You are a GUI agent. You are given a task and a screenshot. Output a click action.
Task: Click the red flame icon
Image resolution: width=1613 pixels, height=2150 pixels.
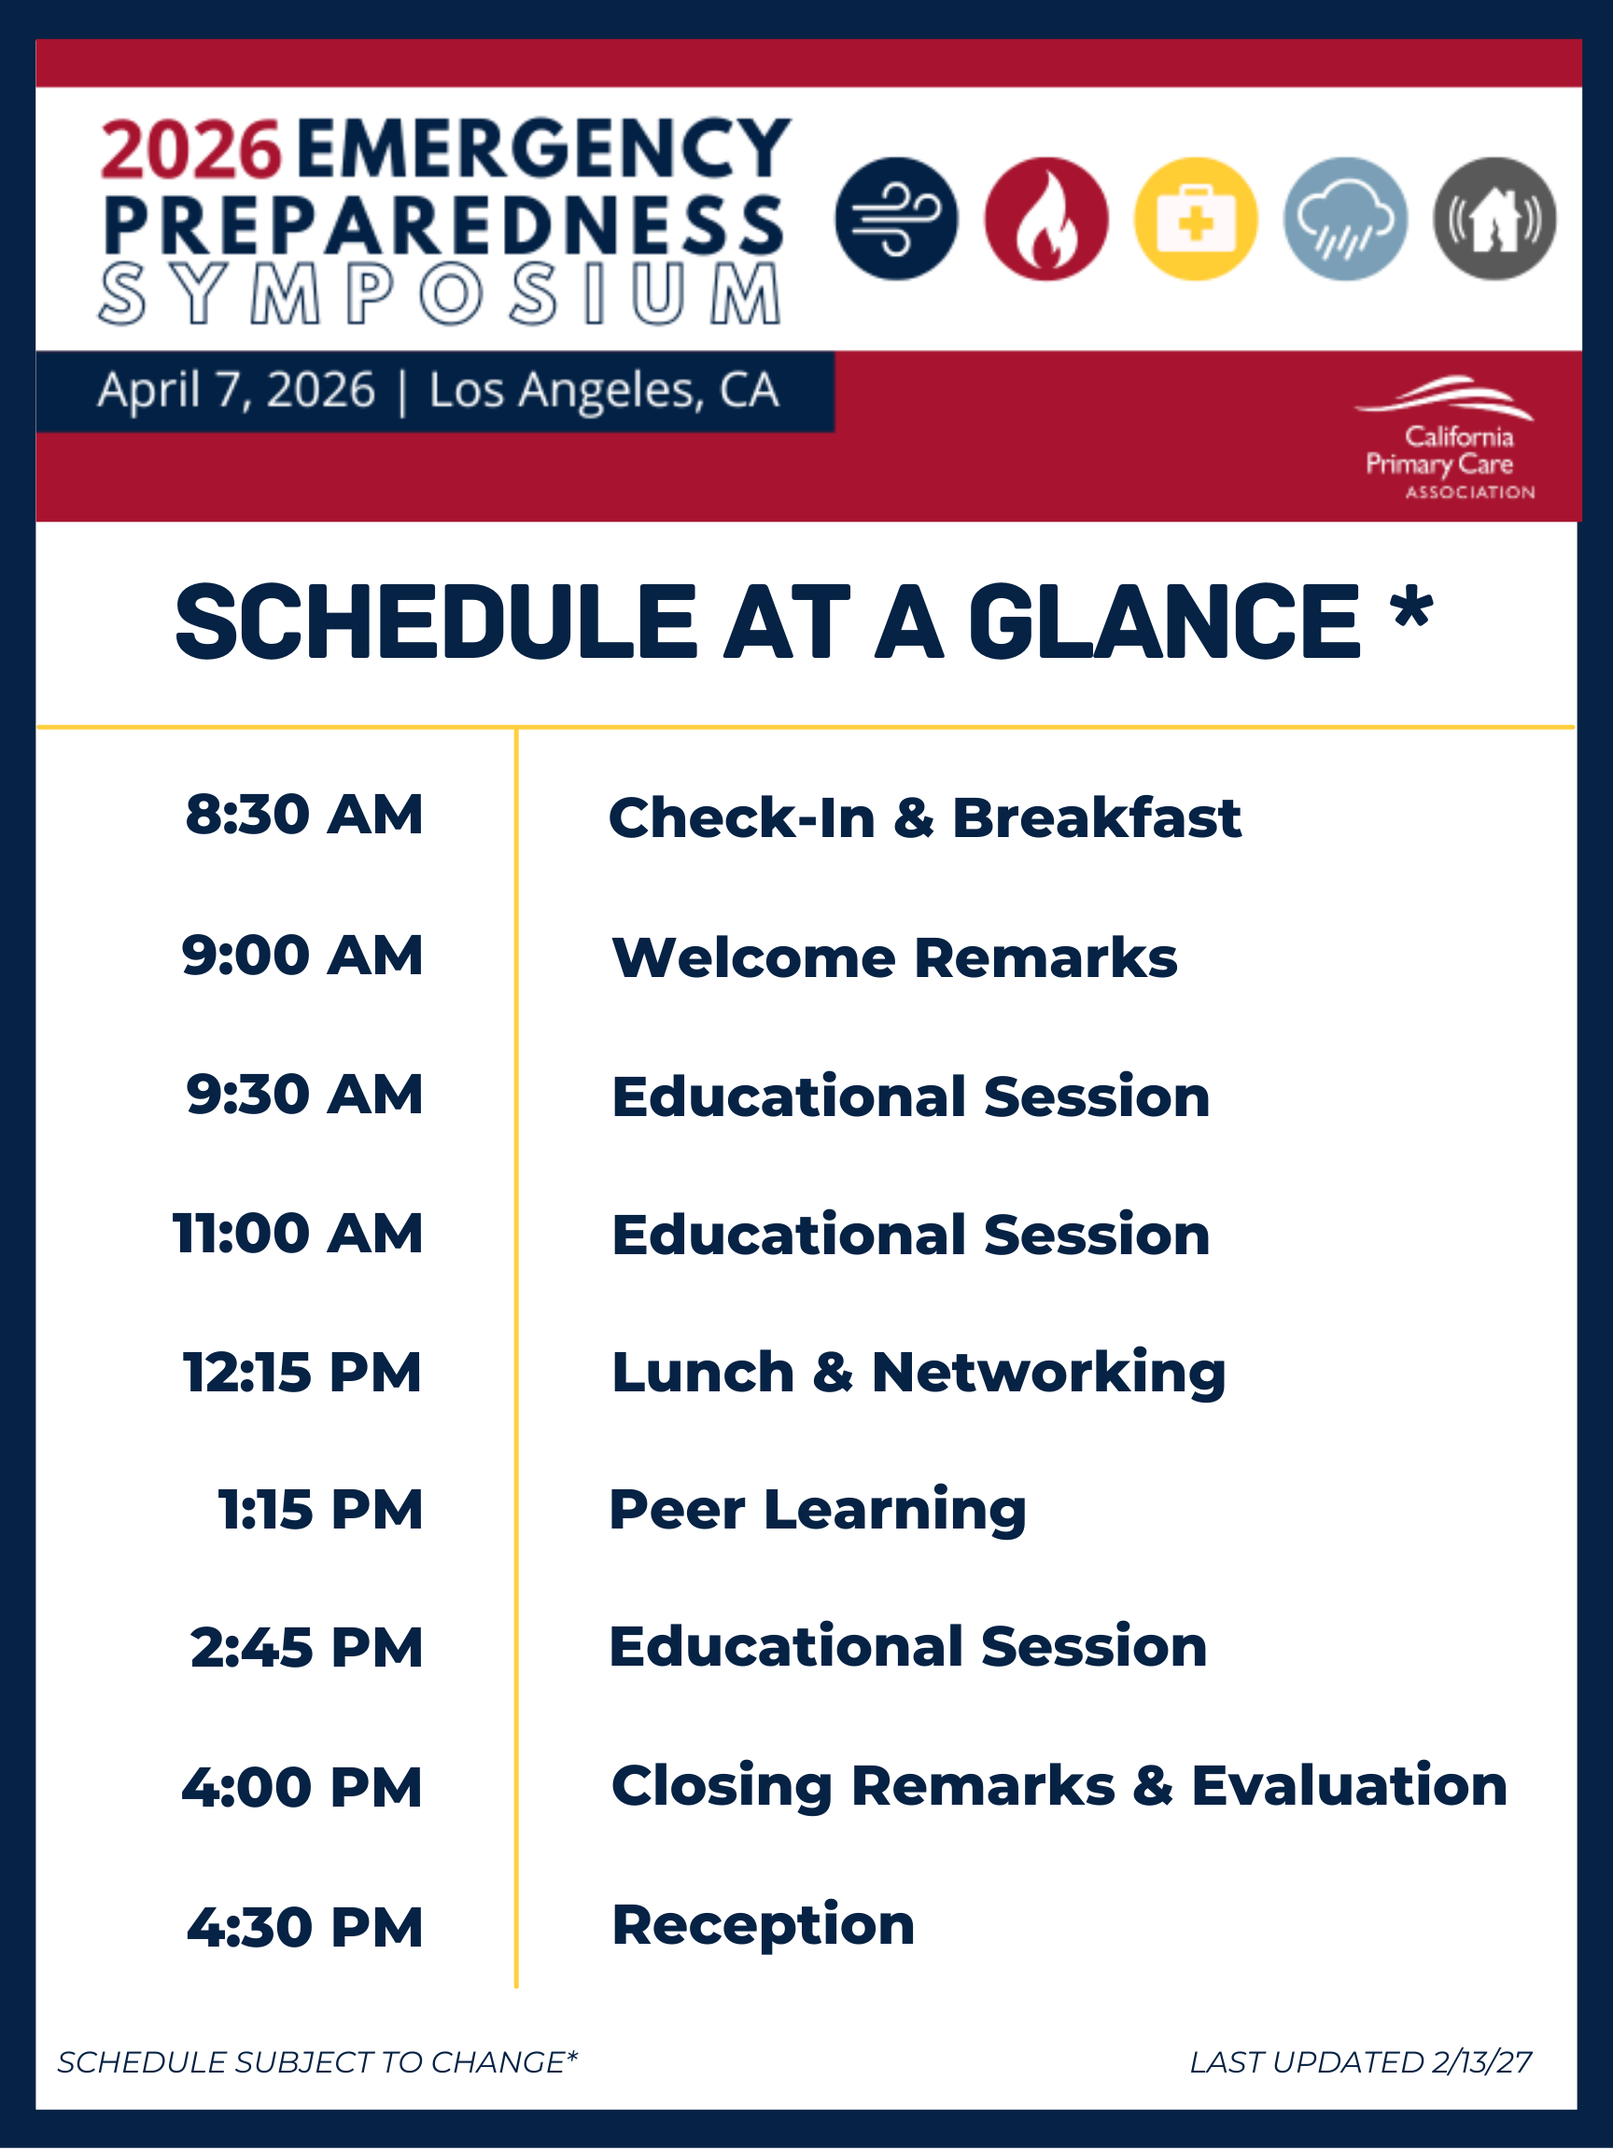(1046, 218)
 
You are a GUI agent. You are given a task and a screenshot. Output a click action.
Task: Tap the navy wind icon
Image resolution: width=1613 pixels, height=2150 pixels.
(896, 218)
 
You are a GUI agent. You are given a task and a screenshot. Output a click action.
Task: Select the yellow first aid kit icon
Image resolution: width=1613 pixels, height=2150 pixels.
(1196, 218)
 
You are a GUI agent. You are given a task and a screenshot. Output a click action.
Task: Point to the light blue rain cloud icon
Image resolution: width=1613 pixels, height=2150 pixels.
(1346, 218)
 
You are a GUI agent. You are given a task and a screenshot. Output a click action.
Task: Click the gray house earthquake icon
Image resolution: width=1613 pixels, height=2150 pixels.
(1494, 218)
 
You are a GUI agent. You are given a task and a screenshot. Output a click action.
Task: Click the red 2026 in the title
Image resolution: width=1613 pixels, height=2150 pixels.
(190, 149)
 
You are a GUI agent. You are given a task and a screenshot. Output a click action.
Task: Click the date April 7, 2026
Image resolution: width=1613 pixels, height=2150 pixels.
(236, 391)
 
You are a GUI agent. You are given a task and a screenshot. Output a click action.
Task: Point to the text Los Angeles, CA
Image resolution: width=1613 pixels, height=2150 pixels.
(604, 391)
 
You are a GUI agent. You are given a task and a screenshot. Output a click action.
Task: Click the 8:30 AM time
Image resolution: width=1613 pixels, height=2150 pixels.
(304, 815)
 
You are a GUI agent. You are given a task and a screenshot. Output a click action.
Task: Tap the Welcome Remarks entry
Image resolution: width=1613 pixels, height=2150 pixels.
(894, 957)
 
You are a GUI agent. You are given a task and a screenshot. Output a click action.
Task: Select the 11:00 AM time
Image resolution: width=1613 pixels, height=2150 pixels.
(299, 1234)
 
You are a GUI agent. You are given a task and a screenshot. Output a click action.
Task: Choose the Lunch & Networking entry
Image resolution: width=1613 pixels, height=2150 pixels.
(919, 1373)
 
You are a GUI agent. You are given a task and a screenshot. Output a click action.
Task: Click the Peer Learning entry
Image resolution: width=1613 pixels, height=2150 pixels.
(818, 1511)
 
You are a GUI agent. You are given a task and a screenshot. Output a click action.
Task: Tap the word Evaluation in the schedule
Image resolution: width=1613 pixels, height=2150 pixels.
(1350, 1785)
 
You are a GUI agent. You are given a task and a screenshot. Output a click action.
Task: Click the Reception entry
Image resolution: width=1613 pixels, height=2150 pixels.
(764, 1925)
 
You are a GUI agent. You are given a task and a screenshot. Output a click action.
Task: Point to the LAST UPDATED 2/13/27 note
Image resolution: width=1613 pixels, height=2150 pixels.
(1361, 2061)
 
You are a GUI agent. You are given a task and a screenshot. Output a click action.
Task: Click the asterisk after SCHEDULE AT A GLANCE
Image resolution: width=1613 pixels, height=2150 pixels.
(1411, 608)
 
